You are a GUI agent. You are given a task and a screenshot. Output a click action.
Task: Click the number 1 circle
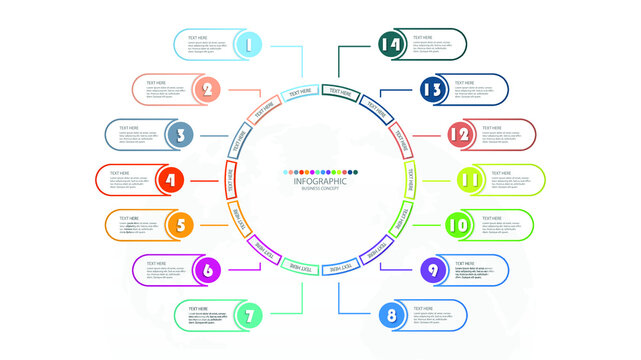[x=250, y=43]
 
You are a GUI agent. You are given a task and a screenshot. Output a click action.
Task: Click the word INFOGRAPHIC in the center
[x=320, y=181]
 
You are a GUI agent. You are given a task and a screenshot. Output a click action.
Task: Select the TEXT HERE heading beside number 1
[x=198, y=36]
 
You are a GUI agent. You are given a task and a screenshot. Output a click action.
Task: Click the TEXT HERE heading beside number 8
[x=424, y=309]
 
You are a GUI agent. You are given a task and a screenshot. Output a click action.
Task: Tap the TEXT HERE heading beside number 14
[x=424, y=37]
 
